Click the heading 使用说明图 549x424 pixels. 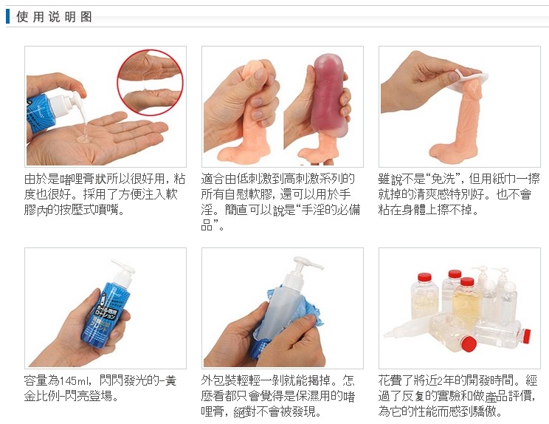point(54,16)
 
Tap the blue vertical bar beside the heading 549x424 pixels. point(7,16)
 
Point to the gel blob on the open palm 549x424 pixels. point(84,137)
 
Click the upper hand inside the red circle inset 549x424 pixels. point(149,66)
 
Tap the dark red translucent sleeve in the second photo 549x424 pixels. point(331,94)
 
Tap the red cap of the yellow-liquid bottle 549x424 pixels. point(467,281)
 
